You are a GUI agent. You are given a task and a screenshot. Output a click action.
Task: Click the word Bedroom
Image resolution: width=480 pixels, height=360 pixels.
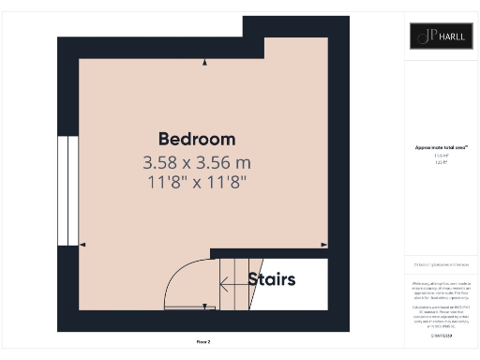[196, 139]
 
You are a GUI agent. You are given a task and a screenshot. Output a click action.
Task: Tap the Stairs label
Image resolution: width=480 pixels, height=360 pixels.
[272, 279]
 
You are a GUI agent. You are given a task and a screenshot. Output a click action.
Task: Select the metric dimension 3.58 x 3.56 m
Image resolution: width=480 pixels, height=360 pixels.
[196, 162]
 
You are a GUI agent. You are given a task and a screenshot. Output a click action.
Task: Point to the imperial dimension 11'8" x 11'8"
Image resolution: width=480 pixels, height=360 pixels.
[196, 183]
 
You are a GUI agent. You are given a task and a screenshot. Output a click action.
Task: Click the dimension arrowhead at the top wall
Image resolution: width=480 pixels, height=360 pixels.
[204, 63]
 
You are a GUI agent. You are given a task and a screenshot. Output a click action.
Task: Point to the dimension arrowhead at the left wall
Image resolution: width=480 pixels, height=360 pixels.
[82, 246]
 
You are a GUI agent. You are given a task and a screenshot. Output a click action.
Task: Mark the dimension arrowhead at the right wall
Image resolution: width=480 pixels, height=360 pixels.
[323, 246]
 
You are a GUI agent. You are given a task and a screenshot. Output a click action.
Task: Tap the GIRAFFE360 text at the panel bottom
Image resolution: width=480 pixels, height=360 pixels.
[440, 335]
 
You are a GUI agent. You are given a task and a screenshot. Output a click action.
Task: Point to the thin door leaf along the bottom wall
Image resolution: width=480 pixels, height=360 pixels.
[191, 307]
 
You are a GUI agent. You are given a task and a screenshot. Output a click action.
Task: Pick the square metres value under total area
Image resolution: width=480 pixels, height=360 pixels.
[440, 156]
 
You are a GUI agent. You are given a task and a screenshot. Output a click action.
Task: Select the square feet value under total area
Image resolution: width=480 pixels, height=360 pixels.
[440, 162]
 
